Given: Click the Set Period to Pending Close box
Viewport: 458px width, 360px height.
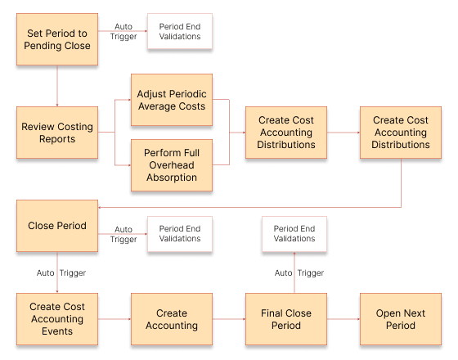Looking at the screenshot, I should pos(57,39).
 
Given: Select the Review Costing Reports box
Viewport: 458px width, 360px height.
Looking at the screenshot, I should pos(57,133).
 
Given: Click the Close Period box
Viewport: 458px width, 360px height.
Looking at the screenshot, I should pos(57,226).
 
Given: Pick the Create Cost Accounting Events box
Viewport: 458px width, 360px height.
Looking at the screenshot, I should pos(57,319).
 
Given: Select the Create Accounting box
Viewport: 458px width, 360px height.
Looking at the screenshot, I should pos(171,319).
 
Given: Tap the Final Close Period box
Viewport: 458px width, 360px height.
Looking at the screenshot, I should pos(285,319).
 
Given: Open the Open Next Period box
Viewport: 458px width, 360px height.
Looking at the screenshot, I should pos(400,319).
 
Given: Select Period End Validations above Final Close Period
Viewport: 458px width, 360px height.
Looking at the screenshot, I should pos(294,234).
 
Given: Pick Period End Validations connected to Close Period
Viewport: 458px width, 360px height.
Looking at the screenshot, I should pos(179,234).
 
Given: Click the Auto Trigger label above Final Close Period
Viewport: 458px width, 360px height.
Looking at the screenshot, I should pos(299,272).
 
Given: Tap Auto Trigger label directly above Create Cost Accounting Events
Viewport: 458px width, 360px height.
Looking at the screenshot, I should pos(61,272).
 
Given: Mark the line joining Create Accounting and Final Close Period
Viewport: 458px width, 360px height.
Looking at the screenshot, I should pos(228,319).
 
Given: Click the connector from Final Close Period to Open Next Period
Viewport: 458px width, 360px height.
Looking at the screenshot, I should pos(343,319).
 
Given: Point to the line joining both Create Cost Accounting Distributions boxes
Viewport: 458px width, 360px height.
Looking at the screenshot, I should pos(343,133).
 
